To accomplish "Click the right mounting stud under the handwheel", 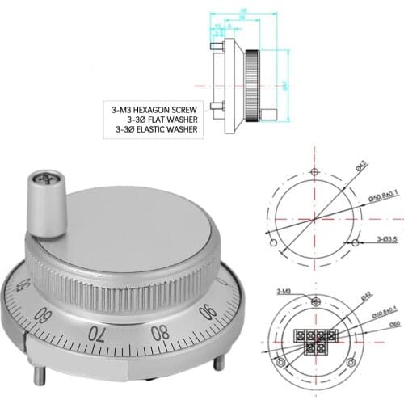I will (x=217, y=361).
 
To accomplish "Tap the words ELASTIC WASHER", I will (x=172, y=128).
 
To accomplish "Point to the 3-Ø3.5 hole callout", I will (x=389, y=241).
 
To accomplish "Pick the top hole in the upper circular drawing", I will (x=314, y=173).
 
